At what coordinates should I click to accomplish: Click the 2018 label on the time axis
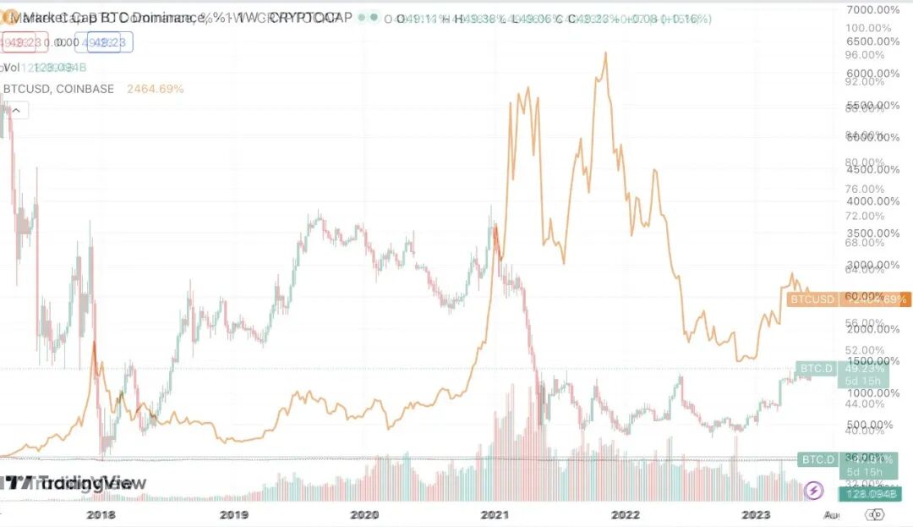click(x=101, y=513)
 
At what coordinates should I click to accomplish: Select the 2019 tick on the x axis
click(x=233, y=513)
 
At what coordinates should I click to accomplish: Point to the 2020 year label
click(x=364, y=513)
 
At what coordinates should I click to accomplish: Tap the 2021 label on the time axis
click(x=495, y=513)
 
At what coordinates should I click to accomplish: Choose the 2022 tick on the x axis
click(x=626, y=513)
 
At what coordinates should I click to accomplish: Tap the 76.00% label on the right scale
click(x=867, y=189)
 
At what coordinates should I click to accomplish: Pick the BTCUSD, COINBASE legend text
click(x=59, y=89)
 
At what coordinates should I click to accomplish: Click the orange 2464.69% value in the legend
click(x=155, y=89)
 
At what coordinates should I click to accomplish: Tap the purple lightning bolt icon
click(x=813, y=490)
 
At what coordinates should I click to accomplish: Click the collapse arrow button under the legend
click(x=16, y=109)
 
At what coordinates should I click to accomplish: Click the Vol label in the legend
click(x=11, y=68)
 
